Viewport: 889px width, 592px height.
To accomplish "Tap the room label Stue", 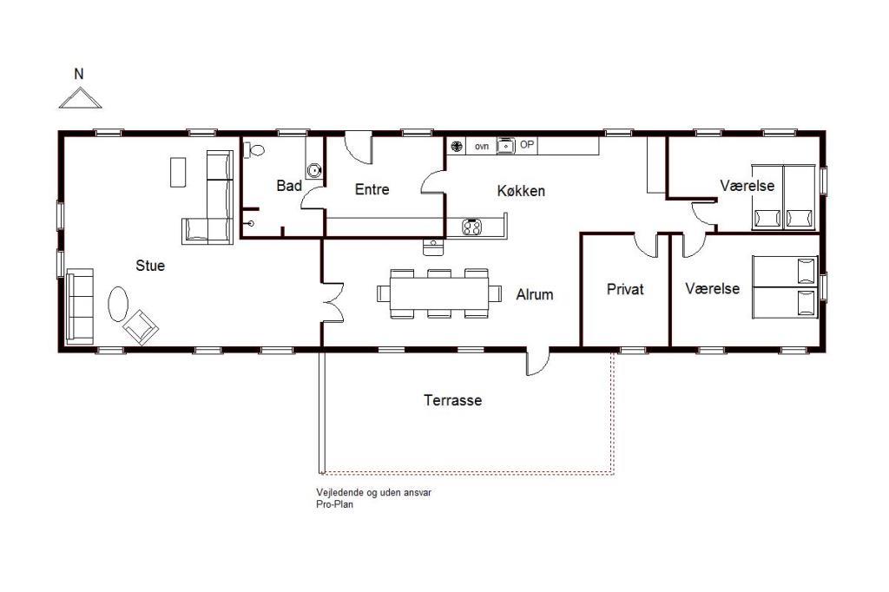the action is [x=150, y=266].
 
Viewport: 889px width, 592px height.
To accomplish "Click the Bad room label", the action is [x=289, y=186].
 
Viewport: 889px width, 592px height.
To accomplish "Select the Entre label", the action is [x=372, y=189].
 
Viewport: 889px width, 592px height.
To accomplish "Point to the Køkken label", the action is [x=521, y=190].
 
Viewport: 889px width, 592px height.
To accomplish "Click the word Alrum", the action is [x=535, y=294].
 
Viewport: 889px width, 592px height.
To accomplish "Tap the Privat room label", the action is [x=625, y=289].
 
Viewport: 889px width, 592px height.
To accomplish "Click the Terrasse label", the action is [x=453, y=400].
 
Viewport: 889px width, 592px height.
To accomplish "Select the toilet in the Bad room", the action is [x=254, y=150].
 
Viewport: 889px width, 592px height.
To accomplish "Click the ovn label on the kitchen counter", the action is [x=482, y=147].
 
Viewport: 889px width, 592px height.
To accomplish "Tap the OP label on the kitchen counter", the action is [x=527, y=145].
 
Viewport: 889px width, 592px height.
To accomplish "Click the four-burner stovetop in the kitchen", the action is [x=471, y=227].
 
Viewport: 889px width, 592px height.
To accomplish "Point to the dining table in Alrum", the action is [x=439, y=293].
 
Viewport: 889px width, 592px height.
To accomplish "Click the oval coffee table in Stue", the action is [x=118, y=304].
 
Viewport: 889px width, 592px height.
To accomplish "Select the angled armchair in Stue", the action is [x=141, y=327].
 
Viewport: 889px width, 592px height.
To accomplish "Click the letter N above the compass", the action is [x=79, y=74].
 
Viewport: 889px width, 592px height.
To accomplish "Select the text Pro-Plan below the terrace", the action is [x=334, y=504].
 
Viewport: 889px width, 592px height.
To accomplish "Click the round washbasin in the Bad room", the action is [x=314, y=169].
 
